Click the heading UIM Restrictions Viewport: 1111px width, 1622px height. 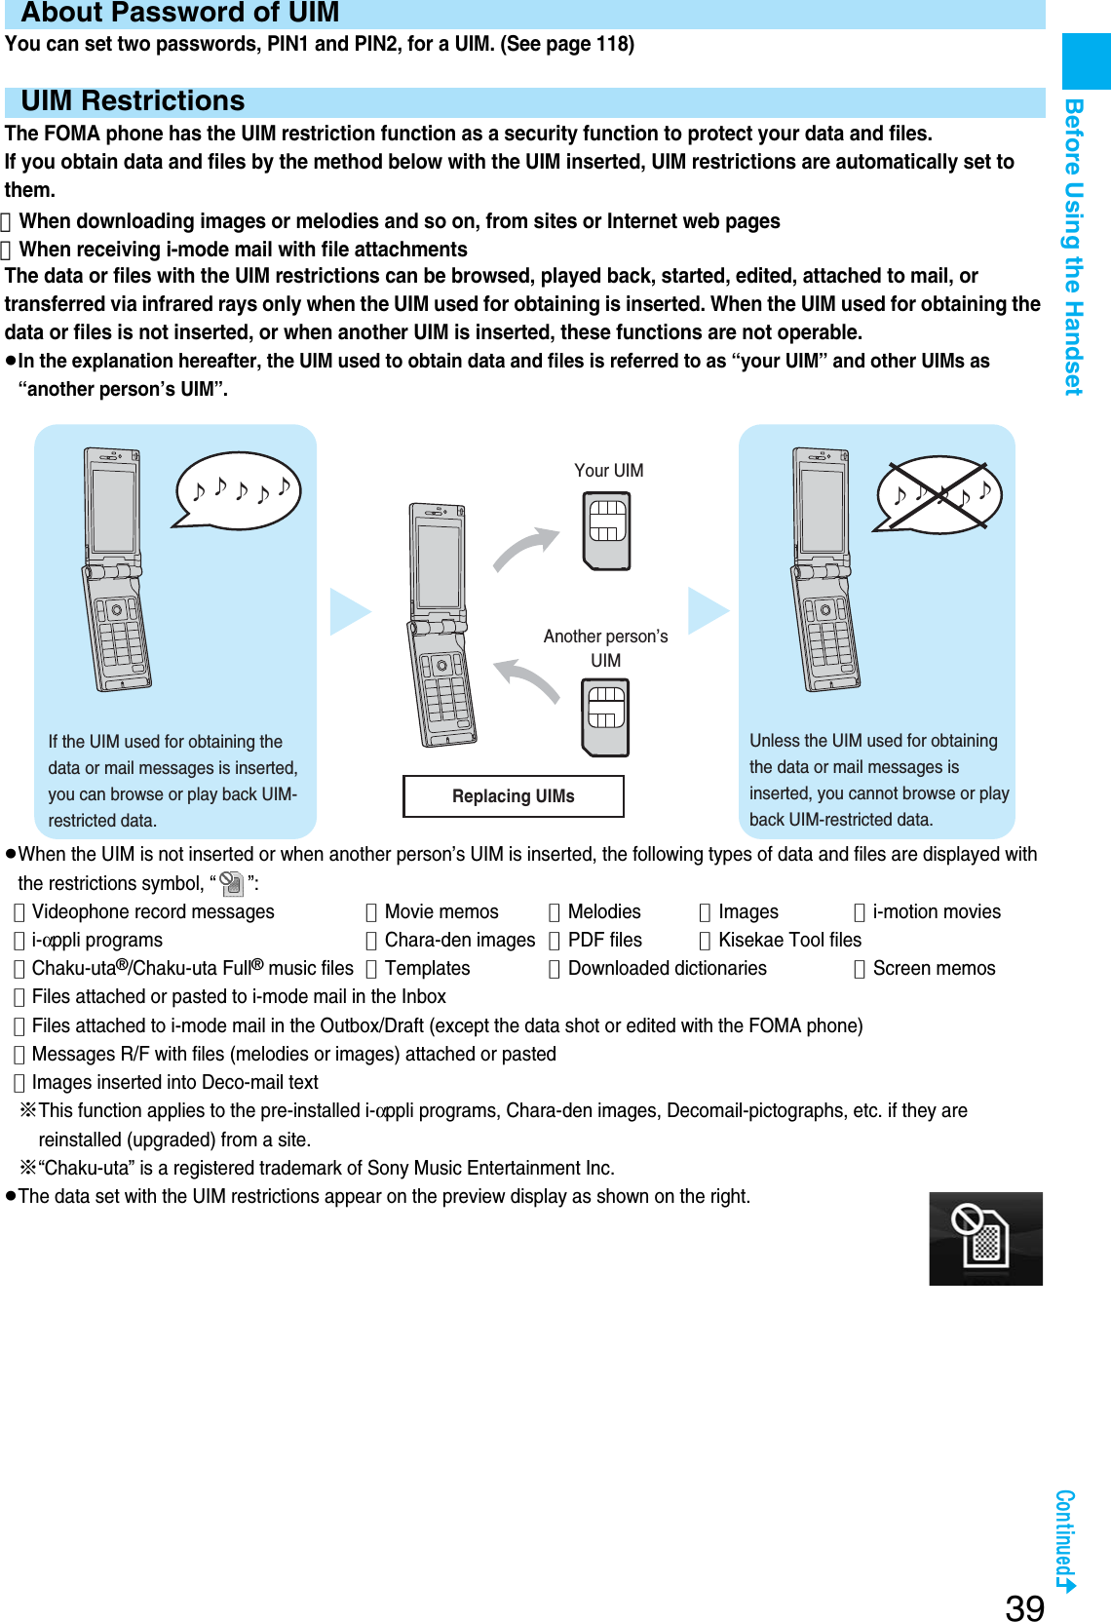click(x=133, y=101)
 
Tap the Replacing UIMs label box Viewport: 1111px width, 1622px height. click(x=514, y=796)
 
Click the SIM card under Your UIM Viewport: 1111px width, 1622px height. click(x=606, y=531)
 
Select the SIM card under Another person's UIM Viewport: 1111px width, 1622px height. click(x=606, y=717)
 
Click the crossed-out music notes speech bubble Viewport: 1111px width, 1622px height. click(x=939, y=495)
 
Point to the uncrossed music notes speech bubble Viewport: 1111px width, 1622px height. click(x=239, y=490)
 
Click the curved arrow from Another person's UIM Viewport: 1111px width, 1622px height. click(x=527, y=679)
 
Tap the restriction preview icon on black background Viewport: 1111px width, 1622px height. click(x=985, y=1238)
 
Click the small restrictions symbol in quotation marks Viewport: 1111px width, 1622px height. click(x=232, y=884)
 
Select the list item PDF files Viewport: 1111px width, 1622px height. click(x=604, y=940)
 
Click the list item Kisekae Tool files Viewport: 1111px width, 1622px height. click(x=789, y=940)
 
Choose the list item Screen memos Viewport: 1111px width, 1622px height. click(x=934, y=968)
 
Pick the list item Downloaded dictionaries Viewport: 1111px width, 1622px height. click(x=667, y=968)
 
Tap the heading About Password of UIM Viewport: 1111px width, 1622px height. click(x=180, y=13)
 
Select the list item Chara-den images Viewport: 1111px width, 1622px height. click(x=459, y=940)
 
